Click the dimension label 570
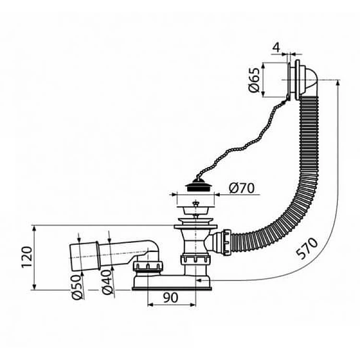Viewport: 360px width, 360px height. pyautogui.click(x=307, y=248)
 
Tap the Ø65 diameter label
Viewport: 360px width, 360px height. pyautogui.click(x=254, y=80)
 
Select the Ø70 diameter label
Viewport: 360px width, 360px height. pyautogui.click(x=242, y=188)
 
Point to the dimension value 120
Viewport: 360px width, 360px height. pyautogui.click(x=27, y=257)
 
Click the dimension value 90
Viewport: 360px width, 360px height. pyautogui.click(x=170, y=298)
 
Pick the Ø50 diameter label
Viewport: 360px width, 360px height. pyautogui.click(x=77, y=287)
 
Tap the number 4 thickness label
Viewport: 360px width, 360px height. pyautogui.click(x=276, y=48)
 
